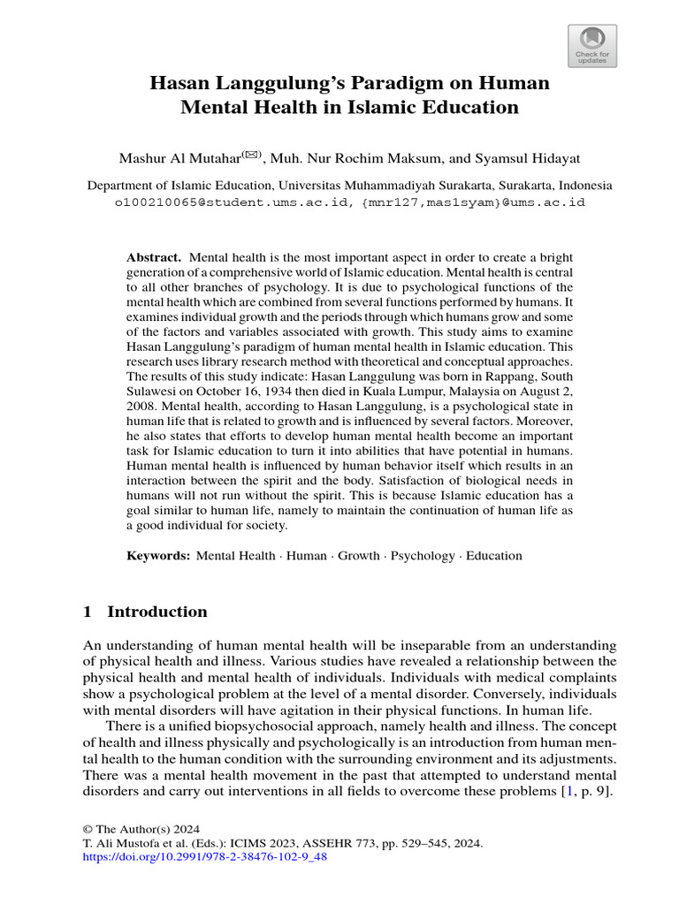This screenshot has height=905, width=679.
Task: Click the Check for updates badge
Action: pyautogui.click(x=591, y=46)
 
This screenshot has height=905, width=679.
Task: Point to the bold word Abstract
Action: pyautogui.click(x=154, y=255)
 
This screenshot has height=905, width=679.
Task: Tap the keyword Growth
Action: pyautogui.click(x=357, y=556)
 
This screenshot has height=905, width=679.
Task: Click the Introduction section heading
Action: pyautogui.click(x=157, y=612)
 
